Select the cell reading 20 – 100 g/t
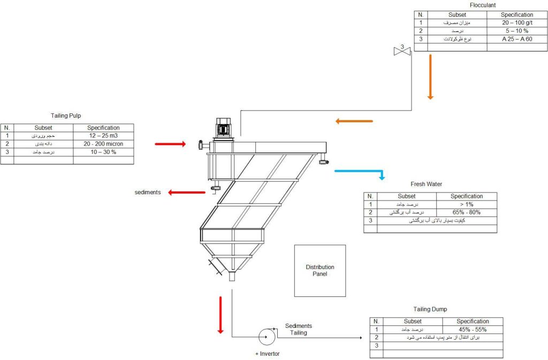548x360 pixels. [x=517, y=23]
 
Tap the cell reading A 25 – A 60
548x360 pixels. [x=517, y=39]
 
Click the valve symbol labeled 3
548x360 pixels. [x=401, y=50]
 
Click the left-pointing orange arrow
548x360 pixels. [x=354, y=121]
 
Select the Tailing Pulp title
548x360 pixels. [x=66, y=116]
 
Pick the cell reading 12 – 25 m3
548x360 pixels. [x=103, y=136]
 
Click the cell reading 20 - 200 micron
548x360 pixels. [x=103, y=144]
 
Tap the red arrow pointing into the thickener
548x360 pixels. [x=170, y=144]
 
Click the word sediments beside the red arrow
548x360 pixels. [x=148, y=192]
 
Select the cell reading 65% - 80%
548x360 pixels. [x=466, y=212]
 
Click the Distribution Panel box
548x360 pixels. [x=319, y=270]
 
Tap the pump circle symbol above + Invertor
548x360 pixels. [x=266, y=336]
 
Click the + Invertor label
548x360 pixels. [x=267, y=354]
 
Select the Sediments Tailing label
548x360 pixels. [x=298, y=329]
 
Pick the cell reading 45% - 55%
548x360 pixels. [x=473, y=330]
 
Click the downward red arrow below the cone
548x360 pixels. [x=220, y=313]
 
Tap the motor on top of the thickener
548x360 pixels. [x=223, y=128]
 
